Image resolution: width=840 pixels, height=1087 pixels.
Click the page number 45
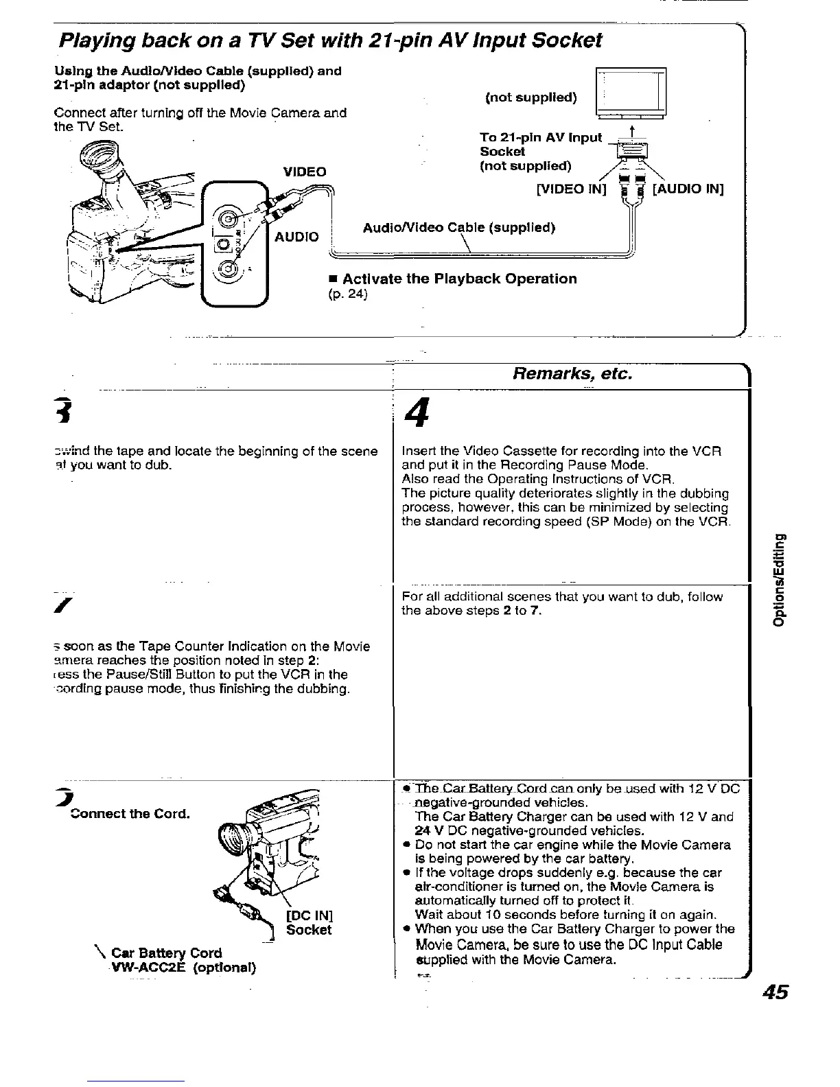(773, 993)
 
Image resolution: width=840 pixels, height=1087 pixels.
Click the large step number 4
(412, 414)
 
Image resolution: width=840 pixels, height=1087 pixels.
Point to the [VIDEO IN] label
(572, 189)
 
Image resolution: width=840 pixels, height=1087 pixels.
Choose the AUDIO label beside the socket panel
(296, 237)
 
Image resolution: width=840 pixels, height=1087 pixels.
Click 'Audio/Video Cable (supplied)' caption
(458, 227)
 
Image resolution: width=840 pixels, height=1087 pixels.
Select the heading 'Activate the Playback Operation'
(459, 279)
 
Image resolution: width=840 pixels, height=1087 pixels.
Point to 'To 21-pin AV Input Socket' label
(541, 144)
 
